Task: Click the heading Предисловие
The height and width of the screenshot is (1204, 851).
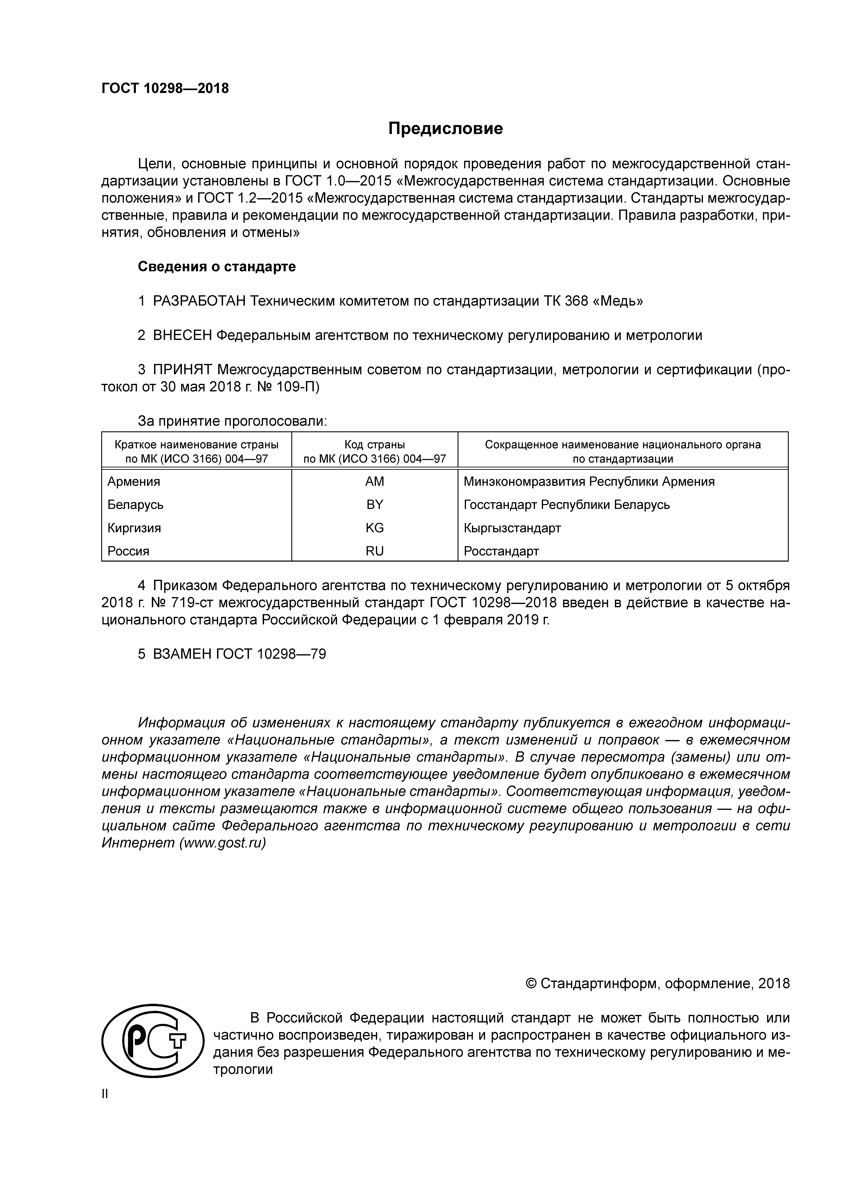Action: pos(445,129)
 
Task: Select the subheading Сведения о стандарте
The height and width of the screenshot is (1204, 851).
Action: pos(217,267)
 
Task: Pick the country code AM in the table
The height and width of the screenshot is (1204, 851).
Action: pos(374,481)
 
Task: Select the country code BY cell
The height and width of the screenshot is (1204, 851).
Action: pos(374,504)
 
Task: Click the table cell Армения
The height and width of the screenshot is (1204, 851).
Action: pos(134,481)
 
